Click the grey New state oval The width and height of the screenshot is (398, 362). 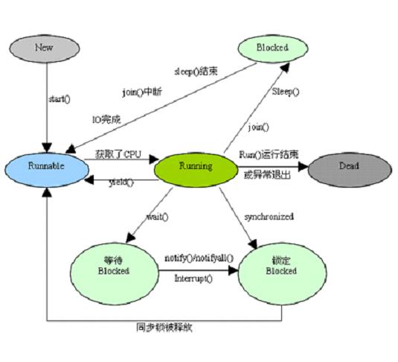pos(45,47)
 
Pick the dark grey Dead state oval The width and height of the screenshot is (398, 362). pos(349,166)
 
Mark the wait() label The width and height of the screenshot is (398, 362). pos(156,216)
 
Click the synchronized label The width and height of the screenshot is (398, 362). pos(269,217)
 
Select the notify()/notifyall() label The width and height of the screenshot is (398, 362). pos(199,257)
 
